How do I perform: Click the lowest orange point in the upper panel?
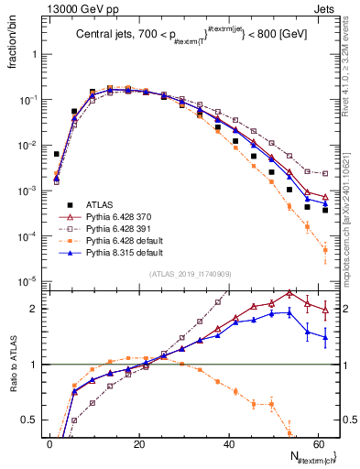coord(325,250)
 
